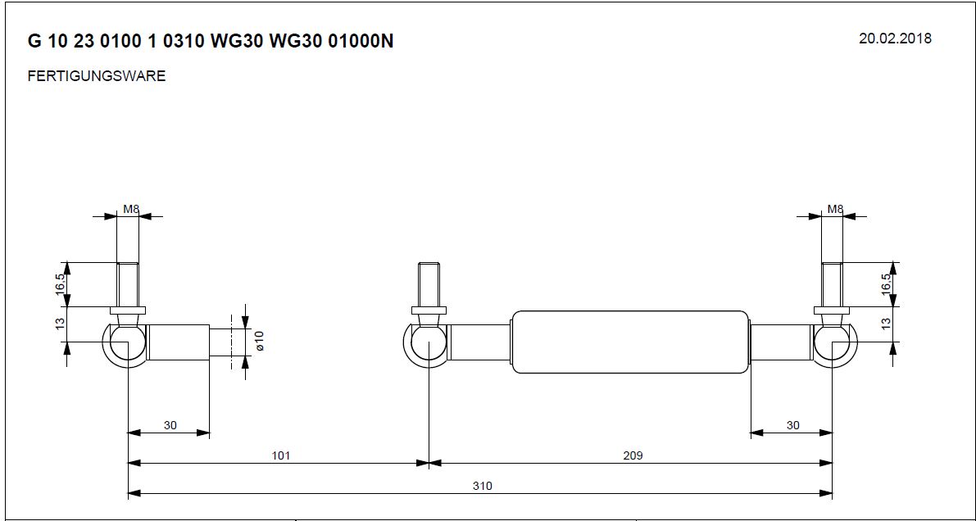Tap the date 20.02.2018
coord(895,39)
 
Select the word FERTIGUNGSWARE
coord(97,76)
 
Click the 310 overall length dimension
coord(482,485)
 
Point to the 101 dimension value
coord(281,455)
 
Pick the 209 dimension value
coord(632,455)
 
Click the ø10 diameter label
coord(260,341)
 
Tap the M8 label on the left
coord(130,209)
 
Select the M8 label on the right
coord(834,209)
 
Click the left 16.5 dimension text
coord(60,283)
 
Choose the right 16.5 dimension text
coord(886,283)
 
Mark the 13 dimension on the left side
coord(60,324)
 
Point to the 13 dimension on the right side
coord(886,324)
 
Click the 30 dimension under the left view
coord(170,425)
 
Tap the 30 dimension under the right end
coord(792,425)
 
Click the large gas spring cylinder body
coord(629,342)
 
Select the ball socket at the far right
coord(833,343)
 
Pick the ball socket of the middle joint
coord(426,343)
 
